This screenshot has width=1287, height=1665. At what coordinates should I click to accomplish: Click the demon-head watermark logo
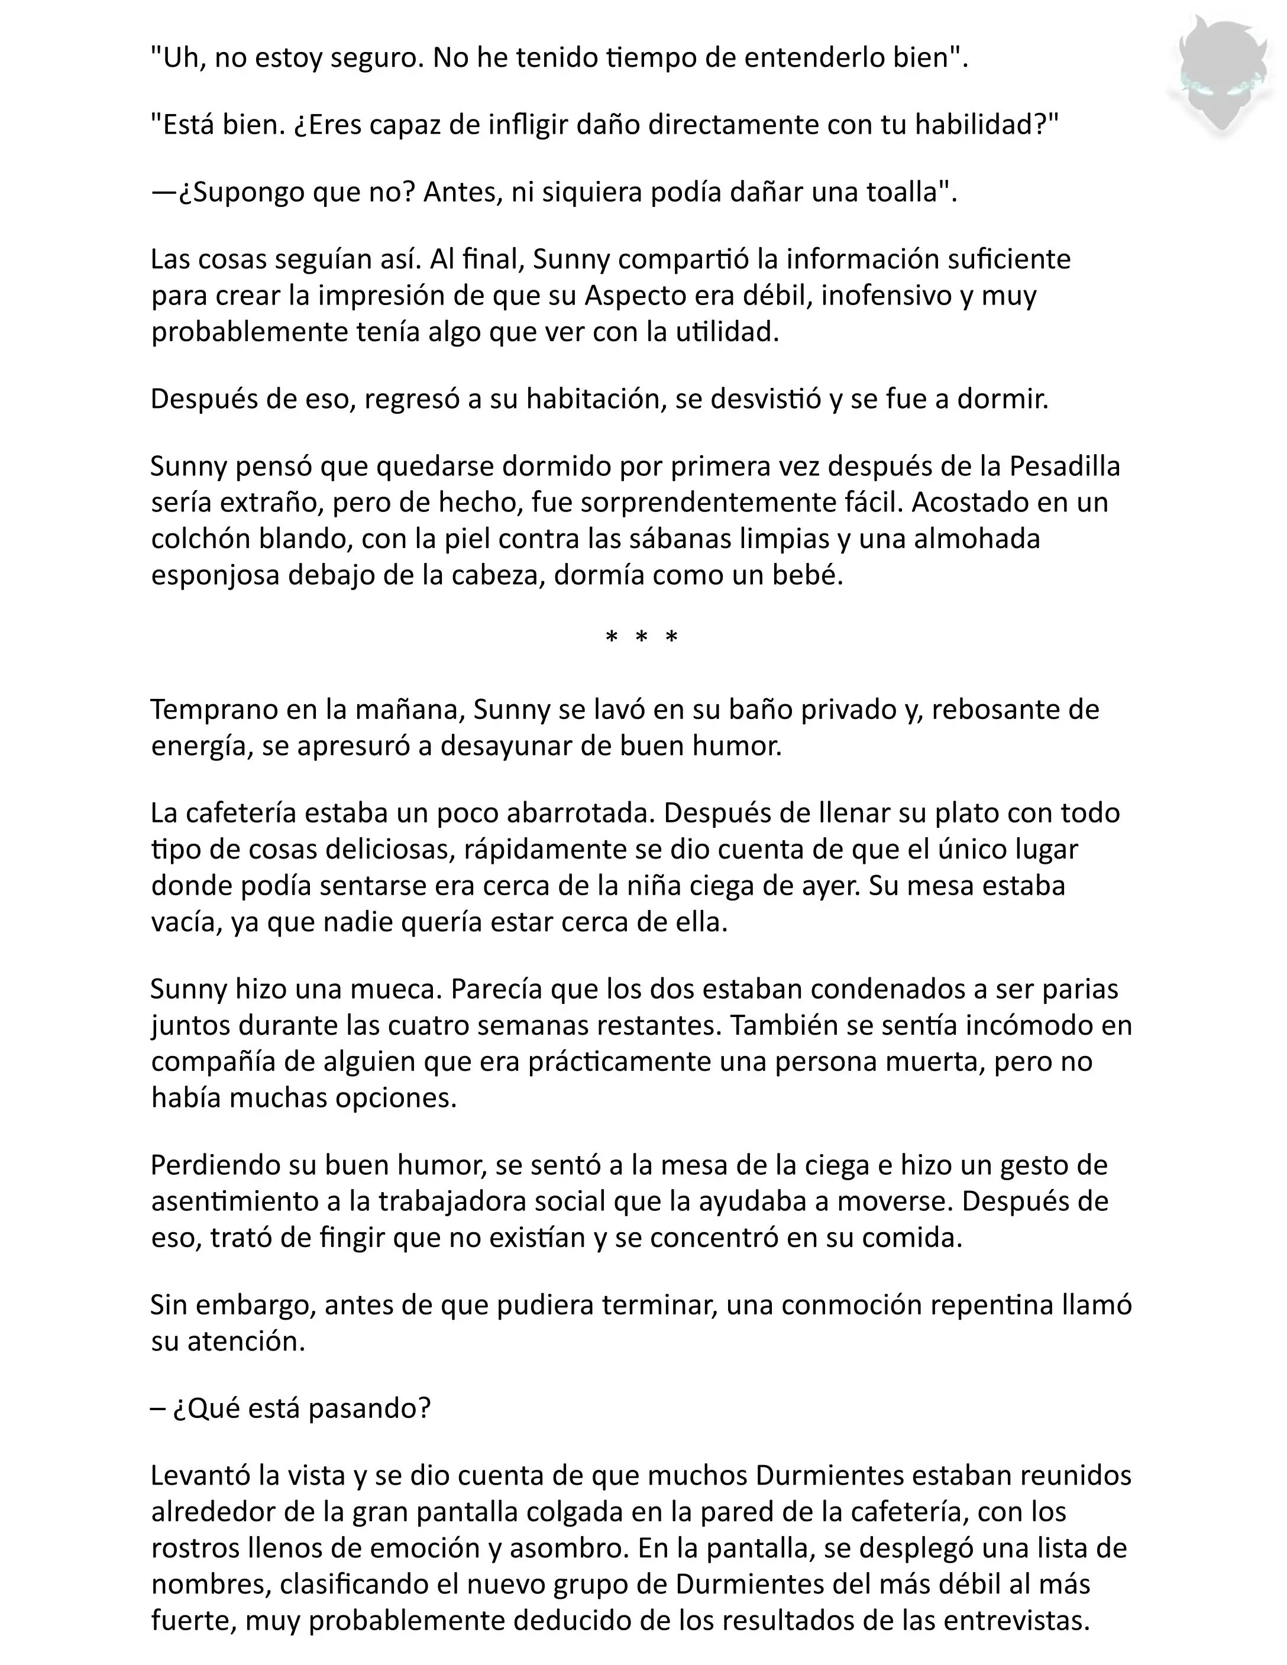pos(1221,76)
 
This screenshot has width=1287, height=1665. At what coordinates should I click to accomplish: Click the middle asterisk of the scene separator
pos(641,638)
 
